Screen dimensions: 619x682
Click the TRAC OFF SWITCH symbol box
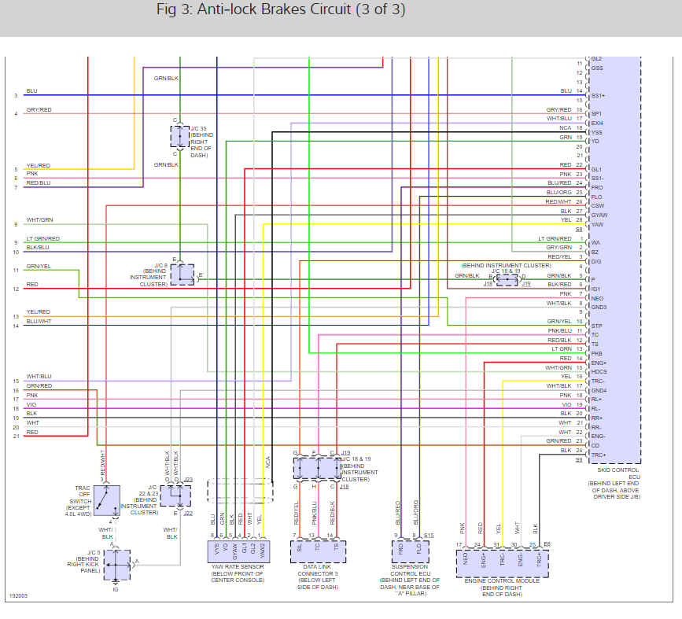[x=109, y=500]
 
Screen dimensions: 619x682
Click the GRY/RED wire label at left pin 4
[x=39, y=110]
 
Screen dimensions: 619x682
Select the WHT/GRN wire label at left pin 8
[x=39, y=220]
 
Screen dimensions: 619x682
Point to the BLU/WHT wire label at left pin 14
[x=39, y=322]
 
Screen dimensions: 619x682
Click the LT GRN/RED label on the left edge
[x=42, y=239]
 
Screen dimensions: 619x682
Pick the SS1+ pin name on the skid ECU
[x=597, y=96]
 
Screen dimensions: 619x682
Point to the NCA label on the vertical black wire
[x=269, y=465]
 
